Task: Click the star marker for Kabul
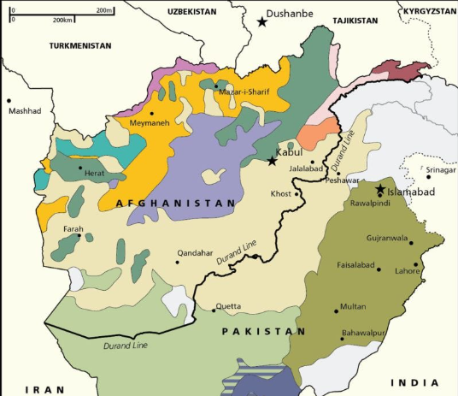[x=272, y=161]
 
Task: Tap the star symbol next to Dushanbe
[x=261, y=21]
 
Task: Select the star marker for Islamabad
[x=380, y=189]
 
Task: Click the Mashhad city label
[x=24, y=111]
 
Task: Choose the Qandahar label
[x=194, y=253]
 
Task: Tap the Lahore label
[x=407, y=271]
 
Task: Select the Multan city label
[x=352, y=306]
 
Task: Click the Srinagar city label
[x=441, y=170]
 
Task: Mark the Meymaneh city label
[x=149, y=123]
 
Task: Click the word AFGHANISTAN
[x=175, y=204]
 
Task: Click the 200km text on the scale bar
[x=62, y=19]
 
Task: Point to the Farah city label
[x=73, y=229]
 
